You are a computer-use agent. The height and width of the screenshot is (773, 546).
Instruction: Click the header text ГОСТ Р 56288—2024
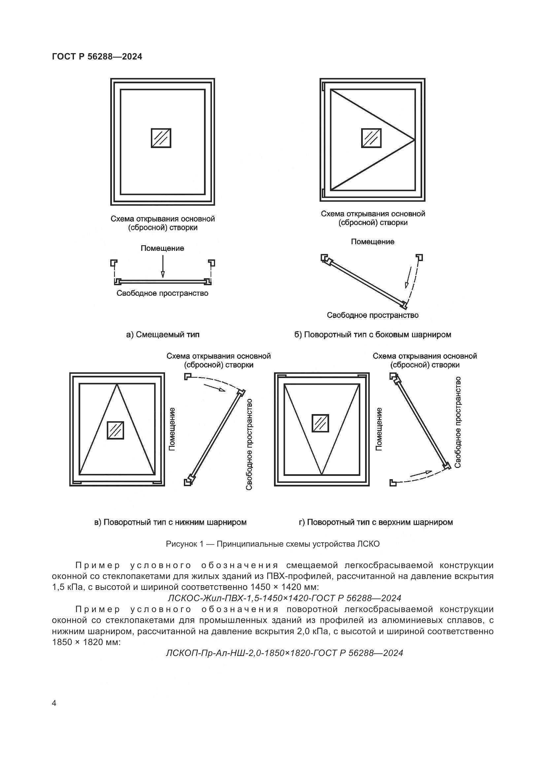97,57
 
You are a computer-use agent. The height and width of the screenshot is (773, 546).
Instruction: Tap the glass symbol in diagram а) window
161,138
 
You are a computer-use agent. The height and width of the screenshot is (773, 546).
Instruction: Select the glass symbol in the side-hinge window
371,138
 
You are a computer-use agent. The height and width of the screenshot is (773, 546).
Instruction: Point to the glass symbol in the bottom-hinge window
115,430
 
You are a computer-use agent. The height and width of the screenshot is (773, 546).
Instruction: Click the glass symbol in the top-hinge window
320,423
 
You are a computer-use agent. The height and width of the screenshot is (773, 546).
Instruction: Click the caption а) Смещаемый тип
163,334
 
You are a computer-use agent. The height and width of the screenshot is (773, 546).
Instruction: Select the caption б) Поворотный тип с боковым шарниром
372,334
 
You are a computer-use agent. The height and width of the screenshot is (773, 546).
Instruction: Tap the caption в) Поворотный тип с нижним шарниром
170,522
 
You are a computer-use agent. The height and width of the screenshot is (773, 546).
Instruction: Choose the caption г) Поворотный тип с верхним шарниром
376,522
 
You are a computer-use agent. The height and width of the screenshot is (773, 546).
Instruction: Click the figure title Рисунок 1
273,544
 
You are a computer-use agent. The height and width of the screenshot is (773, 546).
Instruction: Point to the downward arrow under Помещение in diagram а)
163,267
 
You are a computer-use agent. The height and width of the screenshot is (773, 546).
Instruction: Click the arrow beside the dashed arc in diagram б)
408,277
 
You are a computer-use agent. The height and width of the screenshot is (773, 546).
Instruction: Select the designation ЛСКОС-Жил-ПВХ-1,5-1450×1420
284,598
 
